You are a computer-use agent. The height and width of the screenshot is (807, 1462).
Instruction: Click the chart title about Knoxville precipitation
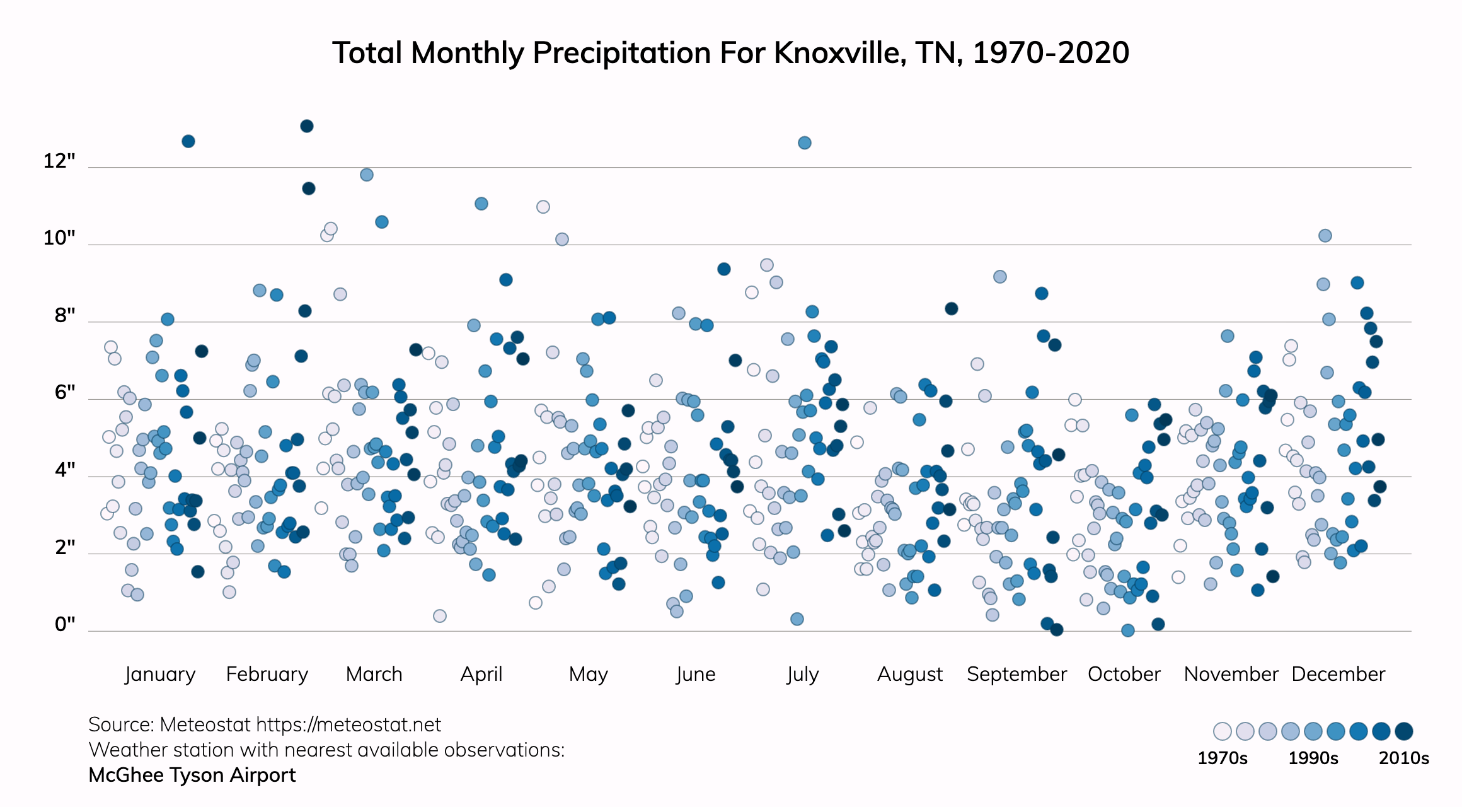[730, 53]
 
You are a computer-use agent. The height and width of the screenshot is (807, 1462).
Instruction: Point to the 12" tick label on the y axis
[59, 161]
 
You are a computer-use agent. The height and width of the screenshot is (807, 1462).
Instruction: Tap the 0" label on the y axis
[65, 624]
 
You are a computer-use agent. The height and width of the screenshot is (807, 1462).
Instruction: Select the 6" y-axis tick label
[65, 393]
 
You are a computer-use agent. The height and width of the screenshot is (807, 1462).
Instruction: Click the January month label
[160, 674]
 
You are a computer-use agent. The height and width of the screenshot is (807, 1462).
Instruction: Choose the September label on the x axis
[1016, 674]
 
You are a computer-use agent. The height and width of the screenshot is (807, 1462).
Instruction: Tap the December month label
[1338, 674]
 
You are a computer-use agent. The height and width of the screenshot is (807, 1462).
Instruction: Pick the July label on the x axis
[802, 674]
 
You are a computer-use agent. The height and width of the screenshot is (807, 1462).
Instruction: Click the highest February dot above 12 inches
[307, 126]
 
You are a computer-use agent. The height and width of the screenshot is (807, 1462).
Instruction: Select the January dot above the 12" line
[188, 141]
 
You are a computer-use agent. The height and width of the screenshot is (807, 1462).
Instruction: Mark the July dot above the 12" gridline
[805, 143]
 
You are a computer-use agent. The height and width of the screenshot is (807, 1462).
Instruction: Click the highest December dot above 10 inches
[1325, 236]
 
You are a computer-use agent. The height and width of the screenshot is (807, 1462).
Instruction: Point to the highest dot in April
[481, 204]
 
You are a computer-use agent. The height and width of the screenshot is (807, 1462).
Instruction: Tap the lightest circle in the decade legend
[1223, 731]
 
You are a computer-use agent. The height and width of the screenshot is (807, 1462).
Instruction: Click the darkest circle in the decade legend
[1404, 731]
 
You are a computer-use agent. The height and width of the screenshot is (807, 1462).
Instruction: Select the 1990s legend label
[1313, 758]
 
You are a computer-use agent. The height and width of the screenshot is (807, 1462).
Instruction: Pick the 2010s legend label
[1403, 758]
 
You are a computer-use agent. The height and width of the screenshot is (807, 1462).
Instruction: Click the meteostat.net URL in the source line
[348, 725]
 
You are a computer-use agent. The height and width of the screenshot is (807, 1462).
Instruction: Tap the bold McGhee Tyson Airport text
[192, 775]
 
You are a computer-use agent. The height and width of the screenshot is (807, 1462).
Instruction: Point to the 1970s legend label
[1222, 758]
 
